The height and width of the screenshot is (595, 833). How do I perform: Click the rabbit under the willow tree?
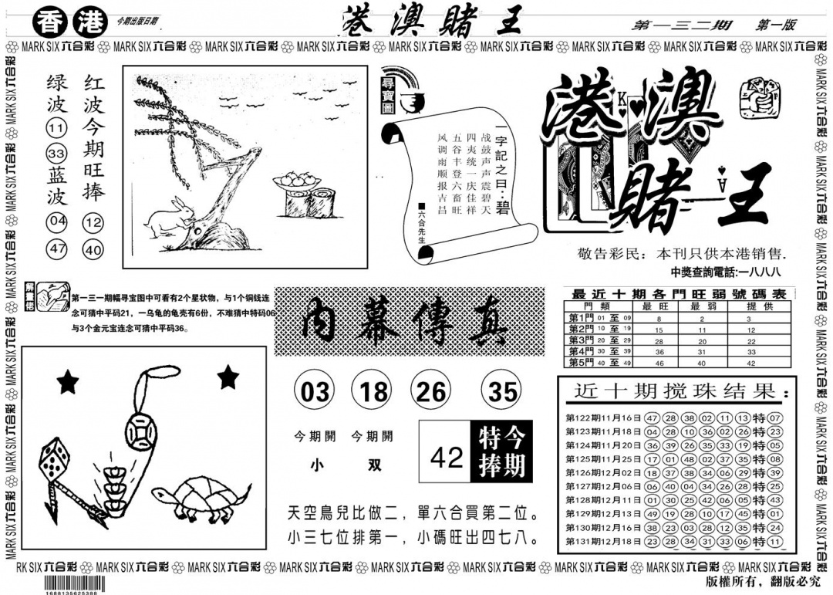click(166, 218)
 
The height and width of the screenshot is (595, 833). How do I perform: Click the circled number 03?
click(314, 393)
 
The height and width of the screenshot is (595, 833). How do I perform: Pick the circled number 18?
click(374, 393)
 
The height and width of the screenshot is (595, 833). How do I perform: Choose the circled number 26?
click(432, 393)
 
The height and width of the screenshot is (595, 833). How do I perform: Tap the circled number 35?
click(502, 393)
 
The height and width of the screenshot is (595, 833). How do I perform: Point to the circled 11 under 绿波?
click(56, 128)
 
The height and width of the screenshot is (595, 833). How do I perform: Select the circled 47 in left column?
click(56, 249)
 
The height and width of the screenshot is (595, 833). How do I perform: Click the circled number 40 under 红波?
click(94, 249)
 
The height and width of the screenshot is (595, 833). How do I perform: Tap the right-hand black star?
click(228, 377)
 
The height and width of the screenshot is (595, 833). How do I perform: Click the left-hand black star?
click(69, 380)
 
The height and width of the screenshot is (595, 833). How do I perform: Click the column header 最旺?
click(659, 306)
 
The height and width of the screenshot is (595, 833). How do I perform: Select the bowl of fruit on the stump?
click(295, 181)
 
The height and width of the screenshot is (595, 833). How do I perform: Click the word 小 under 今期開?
click(316, 466)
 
